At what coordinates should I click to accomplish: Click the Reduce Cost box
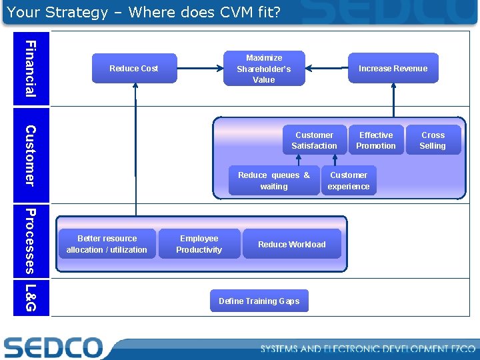pos(134,69)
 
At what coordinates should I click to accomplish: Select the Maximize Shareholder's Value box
pos(264,69)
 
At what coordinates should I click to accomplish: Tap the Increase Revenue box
pos(393,69)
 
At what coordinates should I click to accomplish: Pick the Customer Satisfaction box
pos(314,140)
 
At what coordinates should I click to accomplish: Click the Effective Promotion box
pos(376,140)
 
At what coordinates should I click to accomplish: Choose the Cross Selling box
pos(433,140)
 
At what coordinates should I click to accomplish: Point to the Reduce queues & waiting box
pos(273,181)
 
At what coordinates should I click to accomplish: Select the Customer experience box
pos(349,181)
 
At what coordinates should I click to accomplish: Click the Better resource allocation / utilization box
pos(107,244)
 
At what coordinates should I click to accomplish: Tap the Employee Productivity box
pos(199,244)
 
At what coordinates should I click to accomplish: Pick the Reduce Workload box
pos(292,244)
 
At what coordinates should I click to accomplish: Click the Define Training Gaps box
pos(259,301)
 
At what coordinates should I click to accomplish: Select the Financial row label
pos(31,68)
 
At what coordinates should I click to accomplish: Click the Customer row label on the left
pos(31,155)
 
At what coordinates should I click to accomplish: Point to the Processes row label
pos(31,241)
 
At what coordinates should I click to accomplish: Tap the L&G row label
pos(31,297)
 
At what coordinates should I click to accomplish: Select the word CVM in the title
pos(220,12)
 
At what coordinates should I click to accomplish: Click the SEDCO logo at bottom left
pos(53,347)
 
